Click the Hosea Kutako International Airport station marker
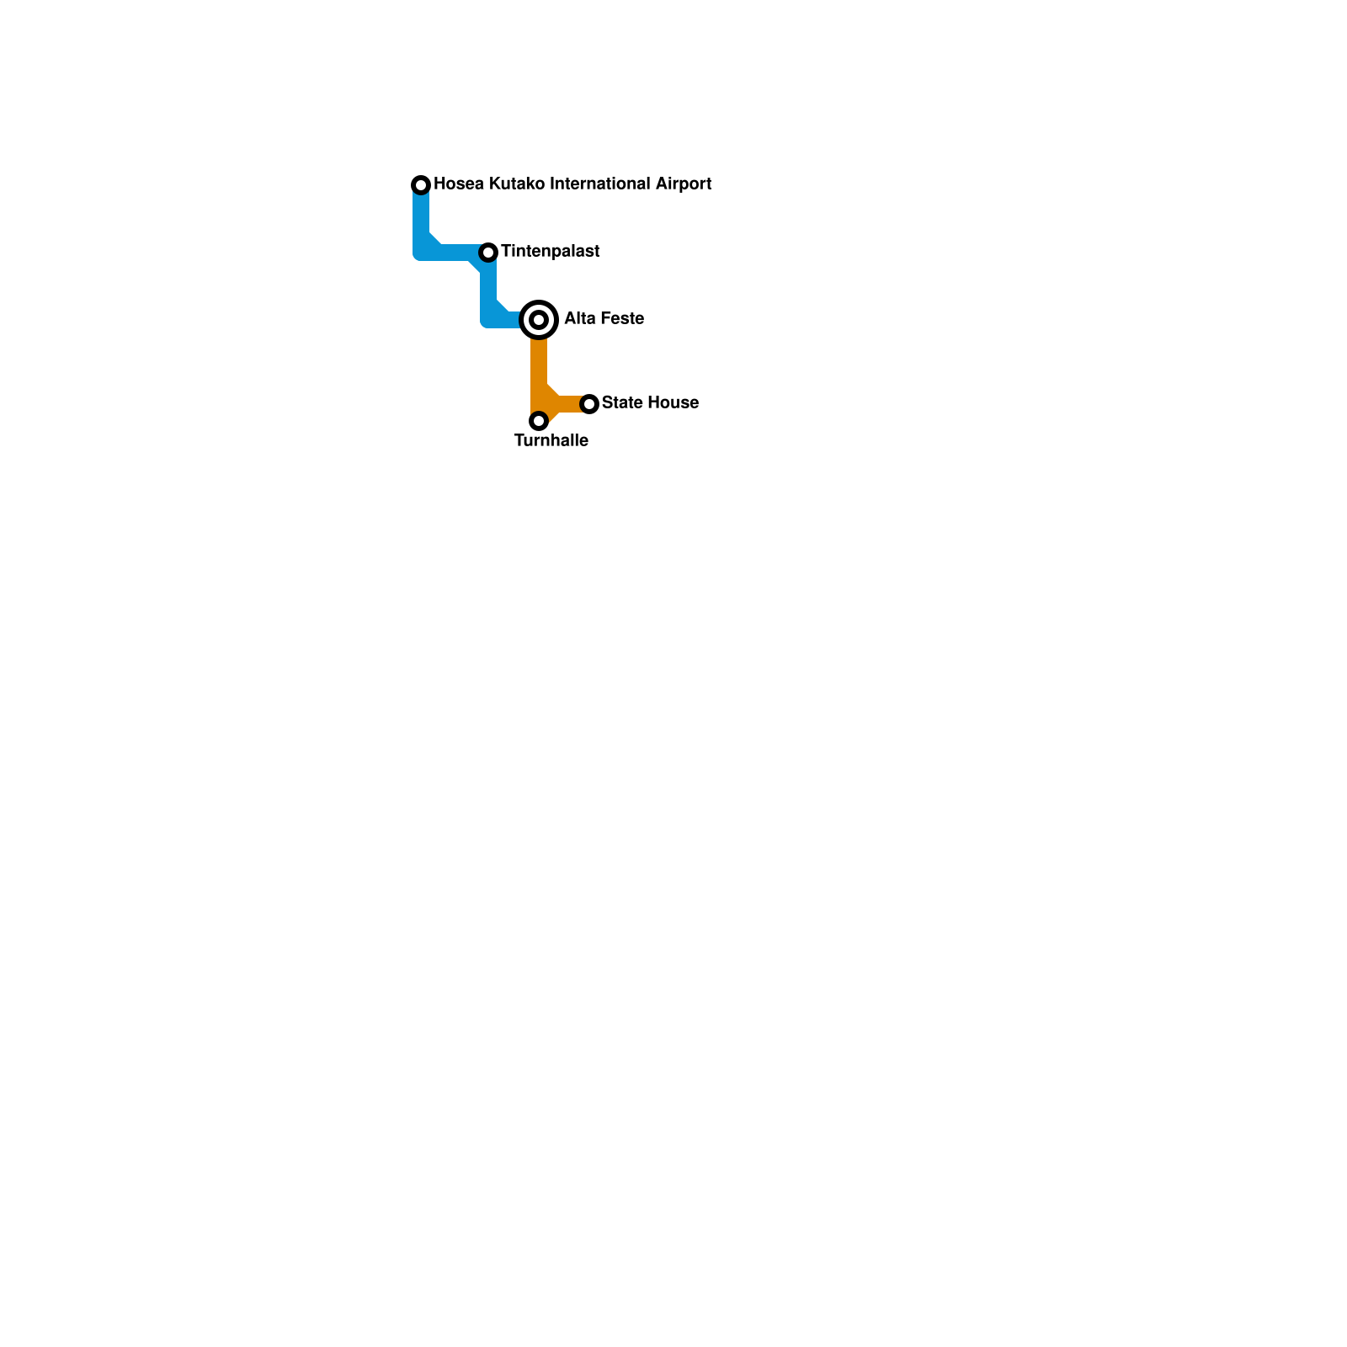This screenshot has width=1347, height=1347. pos(421,184)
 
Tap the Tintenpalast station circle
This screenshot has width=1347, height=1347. pos(488,252)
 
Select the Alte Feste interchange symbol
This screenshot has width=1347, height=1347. pos(539,319)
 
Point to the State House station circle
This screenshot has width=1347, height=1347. pos(589,404)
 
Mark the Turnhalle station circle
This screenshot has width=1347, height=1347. pos(539,420)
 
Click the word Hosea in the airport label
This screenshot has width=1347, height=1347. pos(458,184)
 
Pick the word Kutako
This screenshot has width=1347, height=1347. pos(517,184)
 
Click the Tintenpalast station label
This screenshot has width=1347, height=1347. pos(550,251)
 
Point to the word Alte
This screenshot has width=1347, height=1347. pos(578,318)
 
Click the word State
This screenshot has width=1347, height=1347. pos(621,402)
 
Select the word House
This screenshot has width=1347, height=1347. pos(673,402)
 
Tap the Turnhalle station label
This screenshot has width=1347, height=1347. pos(551,440)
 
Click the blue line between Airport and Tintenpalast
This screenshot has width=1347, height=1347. pos(450,252)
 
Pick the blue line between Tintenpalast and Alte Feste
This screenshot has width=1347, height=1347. pos(488,290)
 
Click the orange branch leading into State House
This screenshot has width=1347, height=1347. pos(568,404)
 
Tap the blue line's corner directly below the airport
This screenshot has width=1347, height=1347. pos(422,250)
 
